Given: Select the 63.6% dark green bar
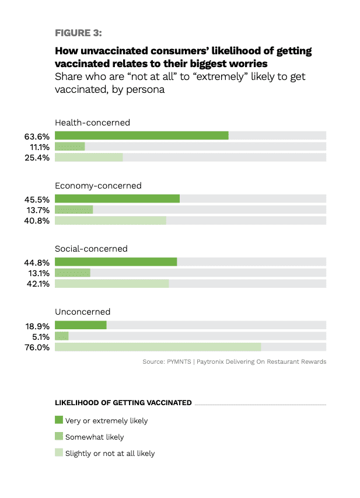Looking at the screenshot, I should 141,135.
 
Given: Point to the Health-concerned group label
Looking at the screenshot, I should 92,123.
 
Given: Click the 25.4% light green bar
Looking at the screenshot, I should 89,158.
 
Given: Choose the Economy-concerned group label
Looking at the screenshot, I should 98,186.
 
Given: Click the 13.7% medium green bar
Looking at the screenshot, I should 74,210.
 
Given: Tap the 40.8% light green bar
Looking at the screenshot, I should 110,221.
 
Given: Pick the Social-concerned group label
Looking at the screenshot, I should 91,249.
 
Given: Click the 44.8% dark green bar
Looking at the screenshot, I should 116,262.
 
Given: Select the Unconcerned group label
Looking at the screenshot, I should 82,312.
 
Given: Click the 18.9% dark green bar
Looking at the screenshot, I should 81,325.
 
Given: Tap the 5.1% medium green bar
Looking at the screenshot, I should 61,336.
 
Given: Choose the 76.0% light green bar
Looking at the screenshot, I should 158,347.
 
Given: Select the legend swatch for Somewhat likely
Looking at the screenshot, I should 58,436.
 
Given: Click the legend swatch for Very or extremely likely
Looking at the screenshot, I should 58,420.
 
